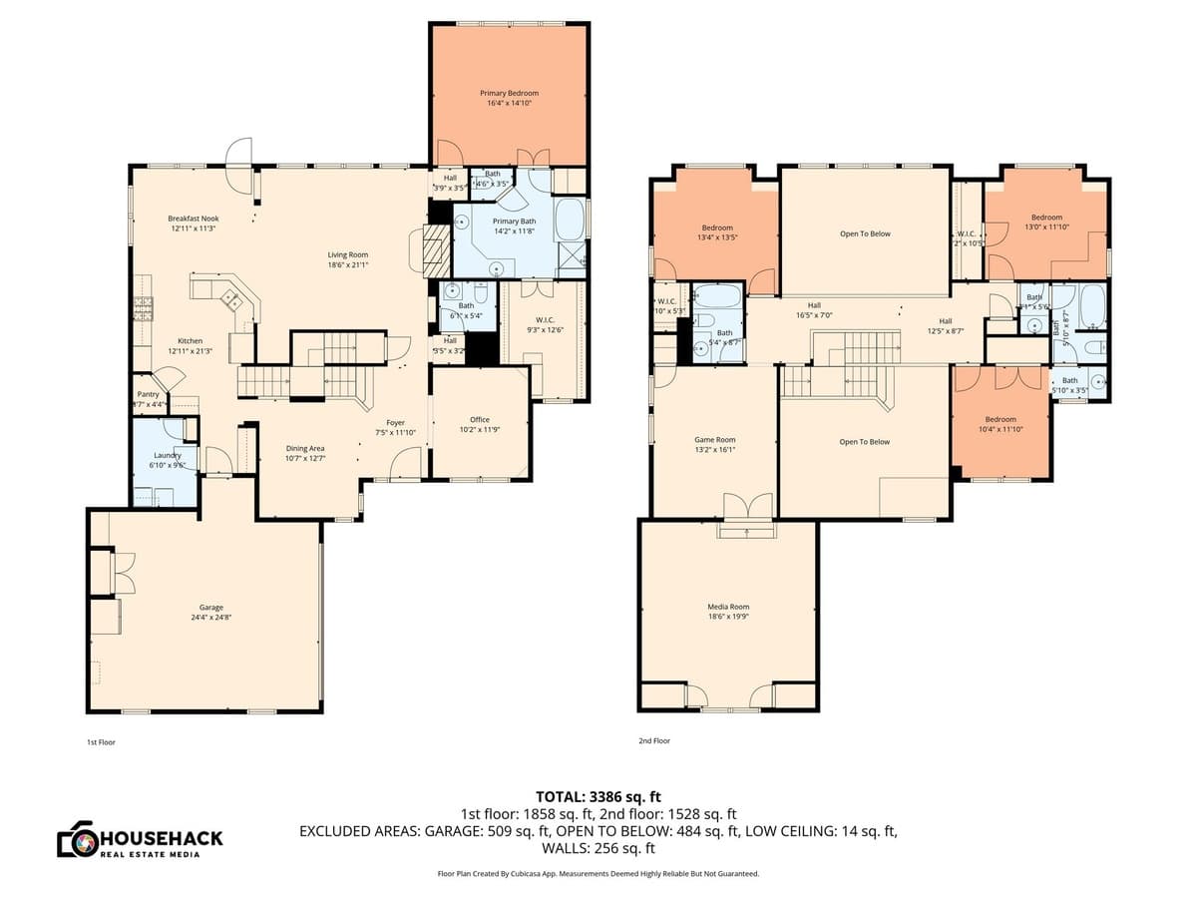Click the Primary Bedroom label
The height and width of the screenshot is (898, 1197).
point(509,93)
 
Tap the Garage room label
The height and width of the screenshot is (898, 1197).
point(210,607)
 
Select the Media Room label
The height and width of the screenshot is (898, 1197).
point(728,607)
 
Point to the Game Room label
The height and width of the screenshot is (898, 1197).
point(714,439)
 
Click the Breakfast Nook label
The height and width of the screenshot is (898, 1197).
point(193,219)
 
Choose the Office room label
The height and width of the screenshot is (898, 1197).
point(480,419)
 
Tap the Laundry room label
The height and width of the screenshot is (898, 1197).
point(167,455)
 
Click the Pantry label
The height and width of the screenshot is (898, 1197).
point(149,394)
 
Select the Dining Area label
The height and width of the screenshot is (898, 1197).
point(305,448)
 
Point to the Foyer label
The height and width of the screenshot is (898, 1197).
point(396,422)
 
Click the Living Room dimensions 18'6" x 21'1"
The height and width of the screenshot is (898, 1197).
point(348,265)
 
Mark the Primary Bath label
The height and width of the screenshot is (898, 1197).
point(515,222)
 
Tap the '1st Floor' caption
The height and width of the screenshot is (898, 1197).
point(101,742)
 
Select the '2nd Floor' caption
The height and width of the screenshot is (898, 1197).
point(654,741)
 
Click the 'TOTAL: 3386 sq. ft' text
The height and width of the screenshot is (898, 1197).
point(598,796)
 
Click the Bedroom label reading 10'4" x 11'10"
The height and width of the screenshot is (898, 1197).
point(1000,419)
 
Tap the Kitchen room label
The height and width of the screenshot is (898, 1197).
point(191,341)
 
